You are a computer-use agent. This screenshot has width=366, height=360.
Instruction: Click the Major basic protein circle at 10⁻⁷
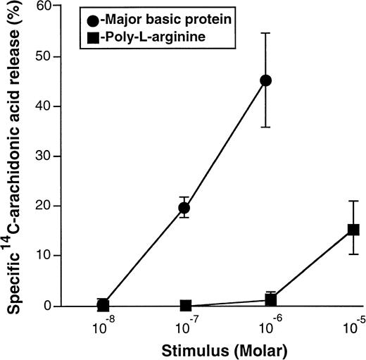(x=184, y=208)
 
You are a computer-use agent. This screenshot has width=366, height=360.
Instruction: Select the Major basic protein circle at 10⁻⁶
(x=266, y=80)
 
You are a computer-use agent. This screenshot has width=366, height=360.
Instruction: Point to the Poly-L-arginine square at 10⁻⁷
(x=186, y=306)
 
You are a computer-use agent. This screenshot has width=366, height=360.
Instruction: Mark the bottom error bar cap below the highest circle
(x=266, y=127)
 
